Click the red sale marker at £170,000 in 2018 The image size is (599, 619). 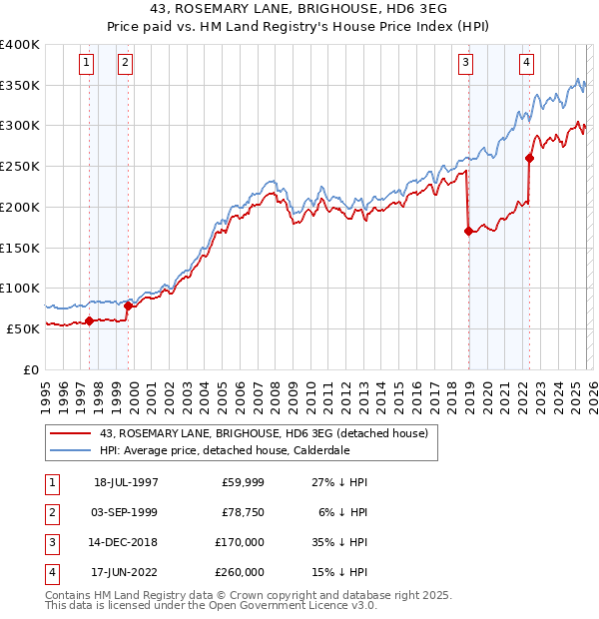tap(468, 232)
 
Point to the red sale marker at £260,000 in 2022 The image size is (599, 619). tap(530, 157)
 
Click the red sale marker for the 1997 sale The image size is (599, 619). tap(89, 320)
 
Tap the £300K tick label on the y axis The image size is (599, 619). tap(20, 126)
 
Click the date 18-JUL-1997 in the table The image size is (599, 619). tap(126, 482)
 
